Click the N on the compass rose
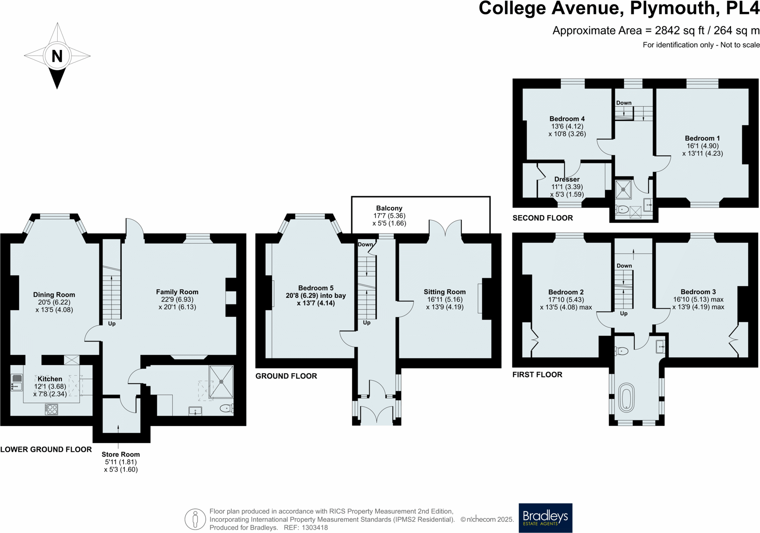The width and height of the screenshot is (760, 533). click(x=57, y=56)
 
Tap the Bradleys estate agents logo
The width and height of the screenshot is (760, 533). click(x=545, y=517)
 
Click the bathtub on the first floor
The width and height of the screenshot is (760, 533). click(x=626, y=397)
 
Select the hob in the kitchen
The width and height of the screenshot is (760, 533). click(x=51, y=409)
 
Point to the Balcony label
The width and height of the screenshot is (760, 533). click(x=389, y=208)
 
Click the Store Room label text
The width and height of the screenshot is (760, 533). click(x=121, y=454)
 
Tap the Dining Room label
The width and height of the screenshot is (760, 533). click(x=54, y=295)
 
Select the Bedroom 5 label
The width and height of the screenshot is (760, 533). click(x=316, y=288)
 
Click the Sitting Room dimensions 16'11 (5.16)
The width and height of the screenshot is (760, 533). click(x=444, y=299)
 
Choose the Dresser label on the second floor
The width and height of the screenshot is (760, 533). click(x=567, y=179)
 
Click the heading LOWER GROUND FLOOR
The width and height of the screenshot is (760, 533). click(x=46, y=449)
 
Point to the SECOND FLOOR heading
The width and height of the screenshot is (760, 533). click(x=542, y=218)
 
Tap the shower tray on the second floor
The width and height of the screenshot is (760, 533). click(x=623, y=189)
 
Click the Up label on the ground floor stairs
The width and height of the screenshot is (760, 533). click(x=367, y=323)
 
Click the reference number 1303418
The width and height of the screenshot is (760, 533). click(x=315, y=527)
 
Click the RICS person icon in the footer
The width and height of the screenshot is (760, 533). click(x=195, y=519)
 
